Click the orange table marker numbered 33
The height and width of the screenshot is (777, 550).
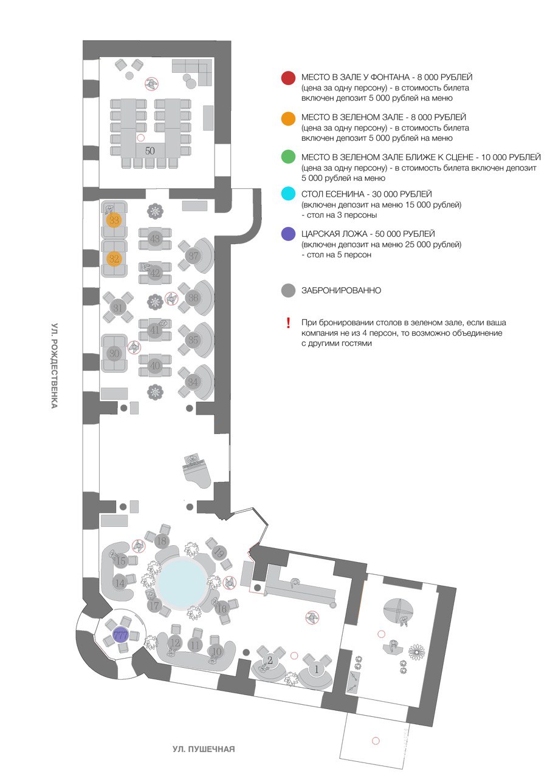coord(114,220)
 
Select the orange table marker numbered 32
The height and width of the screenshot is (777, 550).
coord(114,258)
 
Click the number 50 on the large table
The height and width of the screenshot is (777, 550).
coord(150,149)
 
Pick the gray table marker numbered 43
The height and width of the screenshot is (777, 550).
coord(155,239)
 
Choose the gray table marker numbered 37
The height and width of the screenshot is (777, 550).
coord(194,256)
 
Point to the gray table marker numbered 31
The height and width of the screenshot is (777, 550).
coord(118,308)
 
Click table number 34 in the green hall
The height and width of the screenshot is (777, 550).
coord(194,382)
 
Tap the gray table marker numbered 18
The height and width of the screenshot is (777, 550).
coord(161,541)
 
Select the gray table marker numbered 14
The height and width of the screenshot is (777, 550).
coord(120,583)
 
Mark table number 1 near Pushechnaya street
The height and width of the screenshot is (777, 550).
coord(315,670)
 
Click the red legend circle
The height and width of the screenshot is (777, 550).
coord(289,79)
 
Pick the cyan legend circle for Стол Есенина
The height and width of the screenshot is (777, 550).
coord(289,195)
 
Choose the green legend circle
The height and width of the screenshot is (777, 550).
coord(289,158)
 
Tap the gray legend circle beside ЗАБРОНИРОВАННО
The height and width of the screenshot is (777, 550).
coord(289,291)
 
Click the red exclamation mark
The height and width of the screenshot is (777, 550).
coord(289,323)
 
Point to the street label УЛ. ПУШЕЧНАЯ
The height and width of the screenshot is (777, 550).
coord(203,749)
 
